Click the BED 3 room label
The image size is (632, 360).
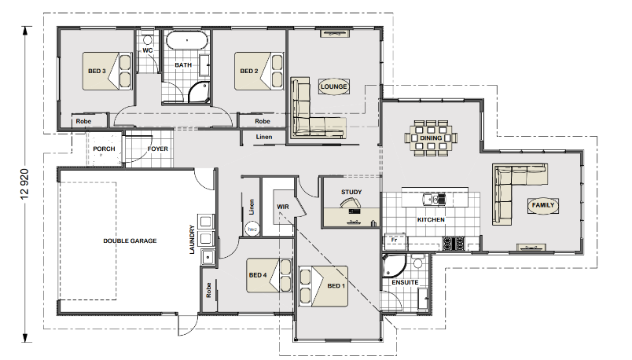point(97,71)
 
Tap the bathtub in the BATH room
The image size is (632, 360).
point(187,41)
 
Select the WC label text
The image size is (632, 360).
point(148,50)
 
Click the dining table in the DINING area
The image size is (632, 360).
point(431,138)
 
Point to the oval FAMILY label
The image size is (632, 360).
point(543,205)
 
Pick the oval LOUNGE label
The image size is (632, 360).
point(334,86)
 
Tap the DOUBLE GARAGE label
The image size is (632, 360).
point(130,241)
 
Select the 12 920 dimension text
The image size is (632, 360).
point(25,184)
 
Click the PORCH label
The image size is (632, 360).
point(104,149)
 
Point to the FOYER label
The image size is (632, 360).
point(157,149)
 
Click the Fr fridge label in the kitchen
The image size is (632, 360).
point(394,240)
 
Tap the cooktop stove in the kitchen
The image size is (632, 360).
point(454,243)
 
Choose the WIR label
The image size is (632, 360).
point(283,207)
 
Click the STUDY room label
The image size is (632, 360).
point(351,192)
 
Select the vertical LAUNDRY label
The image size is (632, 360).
point(192,240)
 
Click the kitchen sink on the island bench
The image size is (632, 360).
point(434,199)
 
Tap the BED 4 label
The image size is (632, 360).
point(258,275)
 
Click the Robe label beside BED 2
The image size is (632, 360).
point(263,121)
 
